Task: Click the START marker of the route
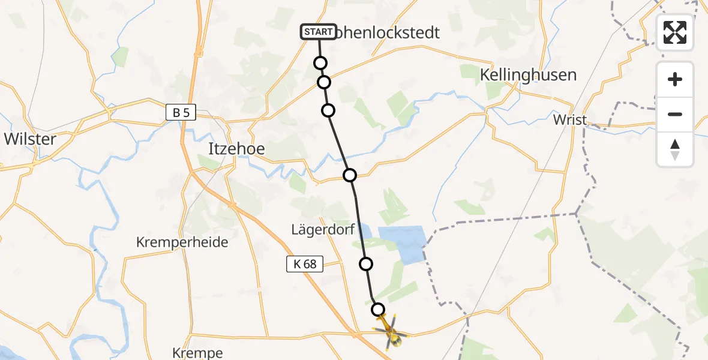[x=318, y=32]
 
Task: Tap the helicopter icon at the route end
[x=391, y=334]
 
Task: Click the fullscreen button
[x=675, y=32]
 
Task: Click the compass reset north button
[x=675, y=149]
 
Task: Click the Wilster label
[x=30, y=139]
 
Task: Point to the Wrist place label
[x=570, y=119]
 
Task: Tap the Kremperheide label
[x=182, y=242]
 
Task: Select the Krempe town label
[x=197, y=352]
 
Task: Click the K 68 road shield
[x=305, y=263]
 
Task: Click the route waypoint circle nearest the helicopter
[x=378, y=310]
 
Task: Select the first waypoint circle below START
[x=320, y=63]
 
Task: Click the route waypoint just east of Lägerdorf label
[x=365, y=263]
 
